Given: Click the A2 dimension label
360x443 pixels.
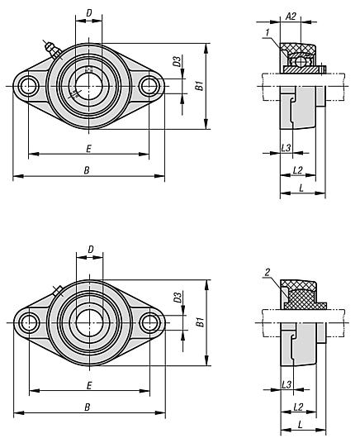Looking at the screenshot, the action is (x=291, y=17).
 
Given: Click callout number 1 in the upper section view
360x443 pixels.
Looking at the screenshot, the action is (x=268, y=33).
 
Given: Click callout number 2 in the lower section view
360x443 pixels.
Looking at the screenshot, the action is (x=268, y=273).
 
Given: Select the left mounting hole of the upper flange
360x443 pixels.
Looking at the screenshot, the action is (x=28, y=86).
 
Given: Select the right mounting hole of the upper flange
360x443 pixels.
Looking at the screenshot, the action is (x=149, y=86).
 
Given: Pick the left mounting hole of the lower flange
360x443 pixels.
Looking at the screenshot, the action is (x=29, y=322).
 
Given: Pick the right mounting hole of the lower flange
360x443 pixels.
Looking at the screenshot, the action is (x=149, y=322).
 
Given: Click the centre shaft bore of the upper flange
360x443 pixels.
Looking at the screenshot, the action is (x=88, y=86).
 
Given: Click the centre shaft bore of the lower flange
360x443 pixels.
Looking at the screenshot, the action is (x=89, y=322).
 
